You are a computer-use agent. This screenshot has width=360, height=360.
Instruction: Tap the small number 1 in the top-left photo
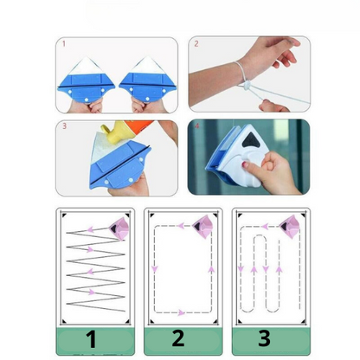[62, 42]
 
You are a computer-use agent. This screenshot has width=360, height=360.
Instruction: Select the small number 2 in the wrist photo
[196, 42]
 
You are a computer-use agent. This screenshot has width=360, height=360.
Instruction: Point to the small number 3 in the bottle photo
[62, 125]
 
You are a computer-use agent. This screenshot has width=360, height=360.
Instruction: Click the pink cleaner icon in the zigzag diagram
[119, 228]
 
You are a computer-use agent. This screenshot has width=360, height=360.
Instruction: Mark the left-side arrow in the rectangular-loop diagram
[154, 269]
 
